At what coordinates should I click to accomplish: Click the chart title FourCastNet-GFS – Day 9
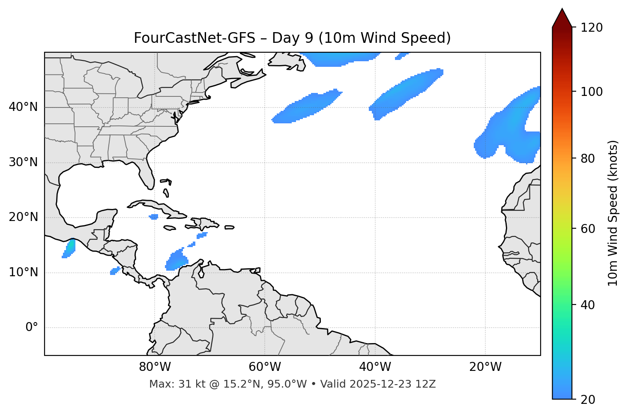click(292, 38)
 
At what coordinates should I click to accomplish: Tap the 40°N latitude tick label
click(23, 107)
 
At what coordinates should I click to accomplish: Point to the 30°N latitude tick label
click(23, 162)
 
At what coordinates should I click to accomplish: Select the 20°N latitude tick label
click(23, 217)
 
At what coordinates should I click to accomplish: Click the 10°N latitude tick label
click(23, 272)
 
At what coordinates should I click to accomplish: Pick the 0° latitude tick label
click(32, 328)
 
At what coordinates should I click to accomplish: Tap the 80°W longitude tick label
click(155, 367)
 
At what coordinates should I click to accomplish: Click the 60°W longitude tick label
click(265, 367)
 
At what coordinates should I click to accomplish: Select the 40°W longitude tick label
click(375, 367)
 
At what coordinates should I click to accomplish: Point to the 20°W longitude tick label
click(485, 367)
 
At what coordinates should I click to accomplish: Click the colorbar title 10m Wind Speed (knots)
click(613, 213)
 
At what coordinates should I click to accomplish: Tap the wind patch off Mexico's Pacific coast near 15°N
click(69, 248)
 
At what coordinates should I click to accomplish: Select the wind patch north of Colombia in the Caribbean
click(176, 261)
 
